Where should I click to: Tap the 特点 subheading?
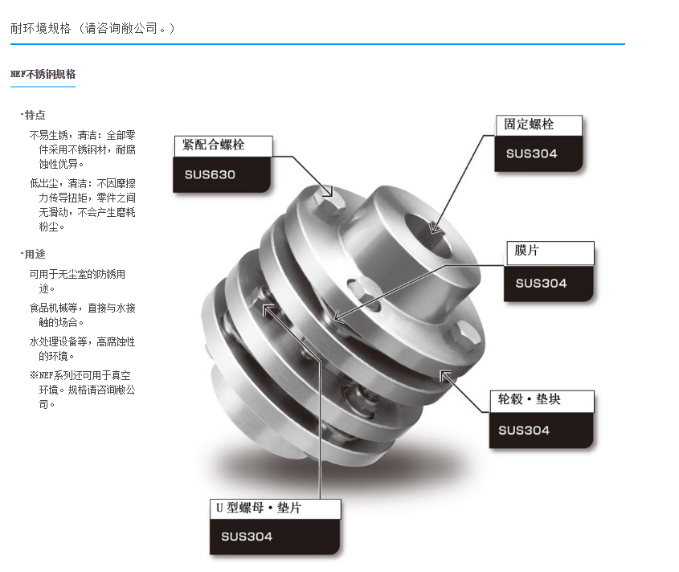coord(34,115)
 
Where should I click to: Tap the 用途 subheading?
coord(34,255)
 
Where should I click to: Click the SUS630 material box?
coord(211,174)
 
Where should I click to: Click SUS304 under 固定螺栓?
coord(532,153)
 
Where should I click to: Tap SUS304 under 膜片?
coord(541,283)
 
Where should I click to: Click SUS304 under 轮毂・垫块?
coord(524,430)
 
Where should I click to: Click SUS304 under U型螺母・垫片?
coord(247,537)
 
